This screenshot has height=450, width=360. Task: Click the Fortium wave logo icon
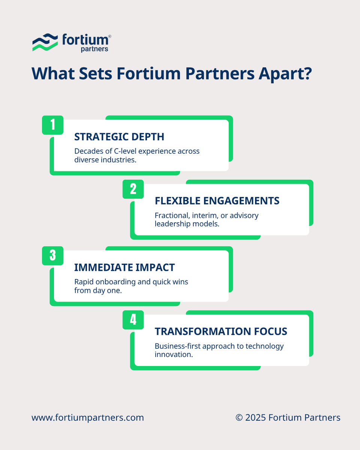pos(45,42)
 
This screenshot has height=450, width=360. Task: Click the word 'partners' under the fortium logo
pos(94,49)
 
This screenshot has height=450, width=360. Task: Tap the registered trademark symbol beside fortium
pos(109,36)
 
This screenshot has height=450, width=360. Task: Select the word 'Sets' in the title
pos(95,73)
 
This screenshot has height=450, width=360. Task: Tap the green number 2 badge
pos(133,189)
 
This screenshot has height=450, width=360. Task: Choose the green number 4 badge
pos(133,320)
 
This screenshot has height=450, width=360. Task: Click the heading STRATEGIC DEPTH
pos(119,136)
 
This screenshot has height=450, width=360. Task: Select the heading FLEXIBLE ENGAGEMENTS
pos(217,201)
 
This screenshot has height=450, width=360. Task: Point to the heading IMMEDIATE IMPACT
pos(124,267)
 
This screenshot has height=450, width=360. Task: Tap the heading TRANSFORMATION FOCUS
pos(221,331)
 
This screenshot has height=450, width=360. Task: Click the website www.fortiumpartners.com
pos(88,418)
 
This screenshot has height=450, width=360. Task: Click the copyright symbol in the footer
pos(239,418)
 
